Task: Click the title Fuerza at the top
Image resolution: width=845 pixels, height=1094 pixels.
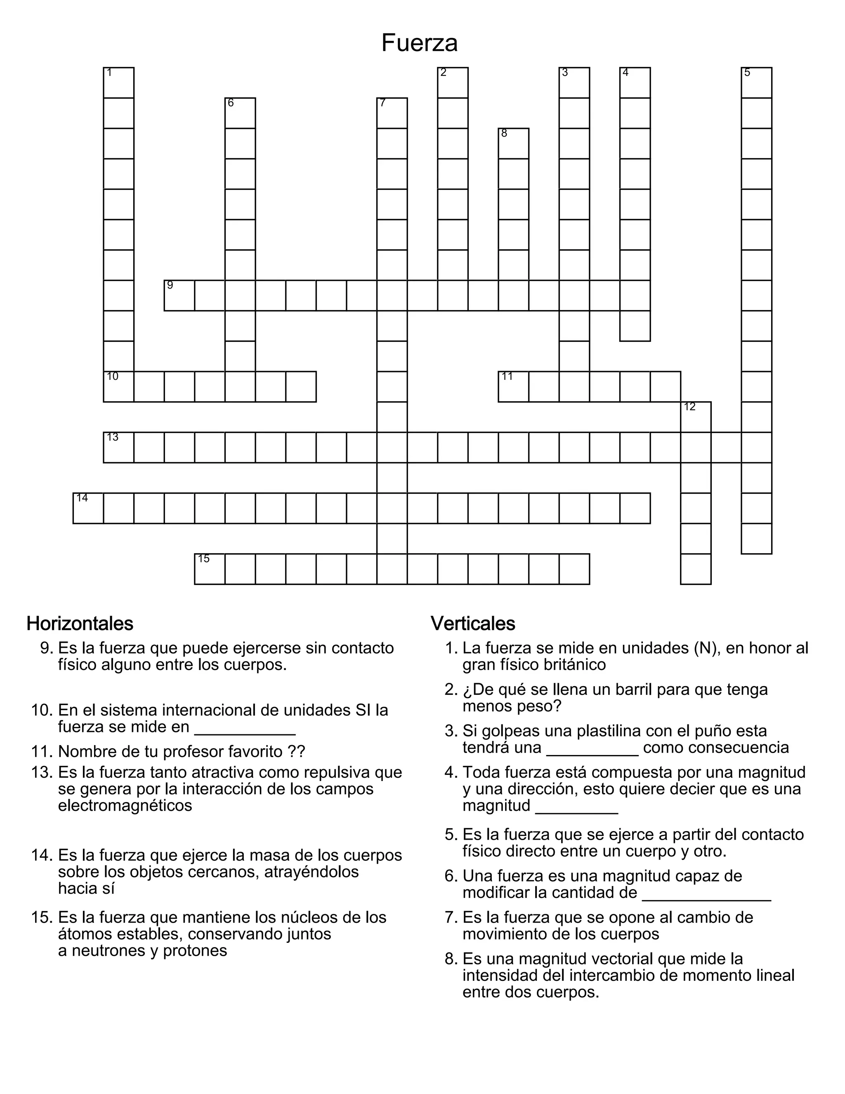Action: (419, 43)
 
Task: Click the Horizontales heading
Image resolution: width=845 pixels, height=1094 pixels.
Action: (80, 624)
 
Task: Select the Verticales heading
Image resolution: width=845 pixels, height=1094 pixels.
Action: (472, 624)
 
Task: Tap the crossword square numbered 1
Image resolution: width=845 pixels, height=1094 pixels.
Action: (119, 83)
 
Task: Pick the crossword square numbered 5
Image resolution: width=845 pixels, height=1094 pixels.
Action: (756, 83)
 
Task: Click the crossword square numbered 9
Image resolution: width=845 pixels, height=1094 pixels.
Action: (179, 296)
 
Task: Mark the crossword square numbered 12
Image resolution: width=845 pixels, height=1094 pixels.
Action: (696, 417)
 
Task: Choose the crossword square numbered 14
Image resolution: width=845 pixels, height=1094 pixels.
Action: (88, 508)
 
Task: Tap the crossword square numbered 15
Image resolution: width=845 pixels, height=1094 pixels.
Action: (210, 569)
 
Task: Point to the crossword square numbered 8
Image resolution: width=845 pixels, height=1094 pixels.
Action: (514, 144)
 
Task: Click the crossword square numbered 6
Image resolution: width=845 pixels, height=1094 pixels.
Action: (240, 113)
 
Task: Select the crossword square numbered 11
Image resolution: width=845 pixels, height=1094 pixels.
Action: (514, 387)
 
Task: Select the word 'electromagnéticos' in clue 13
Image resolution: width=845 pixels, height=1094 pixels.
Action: (125, 805)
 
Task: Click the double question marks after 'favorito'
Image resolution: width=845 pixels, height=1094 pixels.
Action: (296, 751)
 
